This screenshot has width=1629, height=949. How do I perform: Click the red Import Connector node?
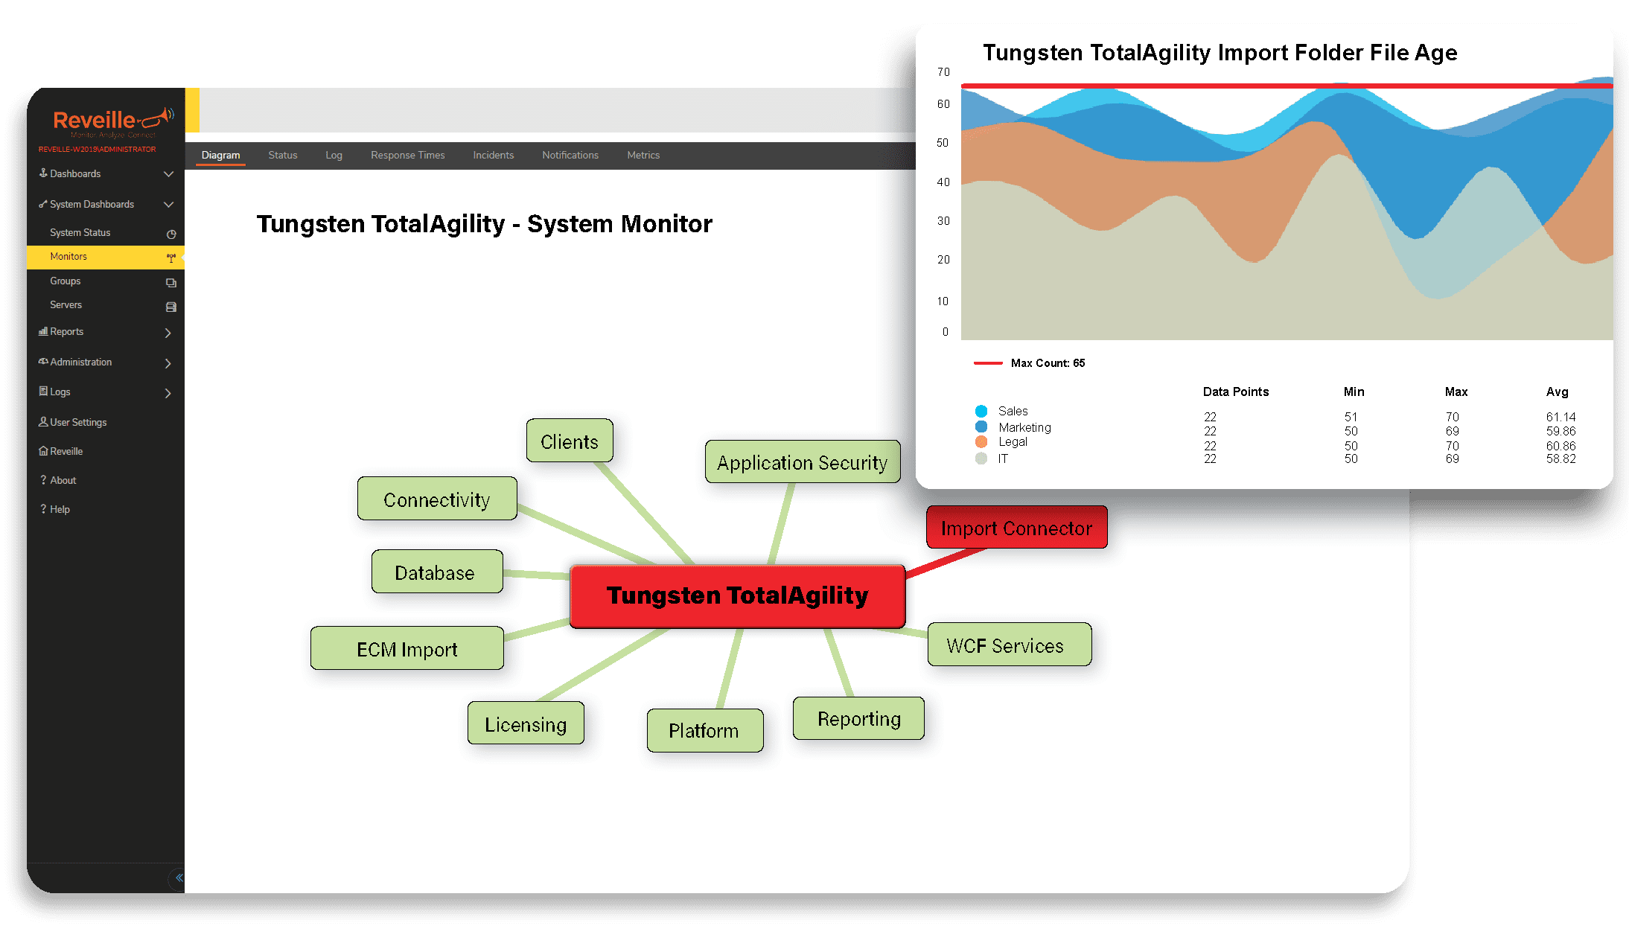coord(1016,528)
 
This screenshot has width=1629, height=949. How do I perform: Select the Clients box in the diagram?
coord(570,441)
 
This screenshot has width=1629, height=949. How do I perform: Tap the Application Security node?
coord(803,462)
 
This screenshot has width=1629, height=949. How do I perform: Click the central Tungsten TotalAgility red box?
coord(737,596)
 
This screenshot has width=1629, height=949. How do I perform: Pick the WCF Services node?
coord(1010,645)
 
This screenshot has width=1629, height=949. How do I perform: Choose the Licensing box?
coord(526,723)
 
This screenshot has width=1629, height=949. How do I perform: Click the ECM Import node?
coord(407,648)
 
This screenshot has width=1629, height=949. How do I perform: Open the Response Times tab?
coord(408,155)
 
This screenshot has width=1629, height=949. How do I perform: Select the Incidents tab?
coord(494,155)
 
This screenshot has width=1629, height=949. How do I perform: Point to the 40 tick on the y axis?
coord(943,182)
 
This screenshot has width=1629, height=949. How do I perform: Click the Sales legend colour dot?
coord(981,411)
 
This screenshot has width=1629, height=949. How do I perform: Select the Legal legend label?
coord(1013,442)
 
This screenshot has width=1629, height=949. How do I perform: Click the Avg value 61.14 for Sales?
coord(1561,417)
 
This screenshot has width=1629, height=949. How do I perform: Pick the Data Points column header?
coord(1236,392)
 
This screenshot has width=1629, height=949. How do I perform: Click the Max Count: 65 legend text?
coord(1048,363)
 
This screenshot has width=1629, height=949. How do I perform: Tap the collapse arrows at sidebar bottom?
coord(179,878)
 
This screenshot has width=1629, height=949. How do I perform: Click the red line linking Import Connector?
coord(946,563)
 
